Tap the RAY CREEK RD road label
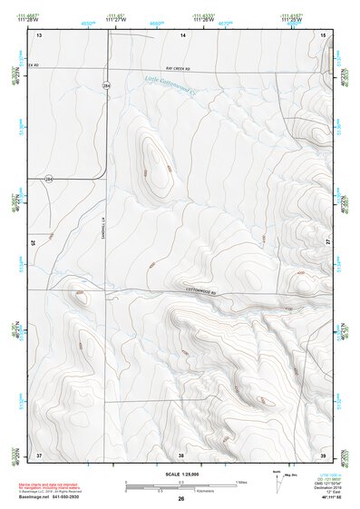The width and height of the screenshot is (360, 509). pyautogui.click(x=180, y=68)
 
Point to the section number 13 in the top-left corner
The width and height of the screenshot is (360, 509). pyautogui.click(x=39, y=34)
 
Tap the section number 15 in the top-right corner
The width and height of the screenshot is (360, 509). pyautogui.click(x=322, y=34)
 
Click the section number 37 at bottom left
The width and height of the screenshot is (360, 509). pyautogui.click(x=39, y=454)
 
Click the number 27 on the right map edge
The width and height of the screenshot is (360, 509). pyautogui.click(x=327, y=242)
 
